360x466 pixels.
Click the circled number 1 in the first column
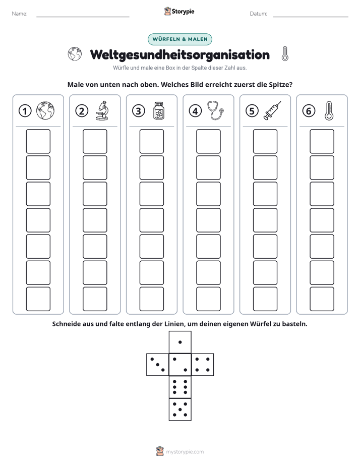point(25,111)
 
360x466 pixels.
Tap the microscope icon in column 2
point(102,110)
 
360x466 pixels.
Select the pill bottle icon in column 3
point(159,110)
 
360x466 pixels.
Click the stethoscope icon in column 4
point(215,110)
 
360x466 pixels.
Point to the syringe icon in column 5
point(272,110)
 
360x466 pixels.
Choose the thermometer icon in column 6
point(329,110)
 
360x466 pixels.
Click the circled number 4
point(195,111)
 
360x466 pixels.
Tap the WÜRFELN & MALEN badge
point(180,39)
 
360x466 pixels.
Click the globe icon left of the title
point(75,54)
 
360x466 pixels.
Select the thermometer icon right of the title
point(285,54)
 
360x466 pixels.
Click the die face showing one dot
point(180,342)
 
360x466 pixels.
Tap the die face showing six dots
point(180,387)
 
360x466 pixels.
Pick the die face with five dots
point(180,409)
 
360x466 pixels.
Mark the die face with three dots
point(158,364)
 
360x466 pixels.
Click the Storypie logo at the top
point(179,11)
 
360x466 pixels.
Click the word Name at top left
point(20,14)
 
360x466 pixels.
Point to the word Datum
point(259,14)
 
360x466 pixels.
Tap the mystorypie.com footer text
point(185,452)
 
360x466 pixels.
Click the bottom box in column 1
point(38,299)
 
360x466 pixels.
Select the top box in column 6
point(322,141)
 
